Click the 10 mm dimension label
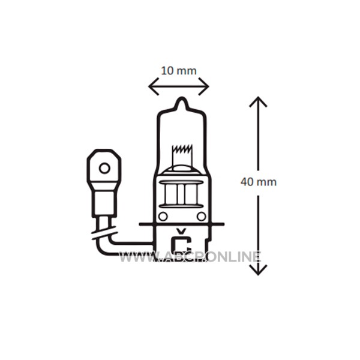[x=179, y=71]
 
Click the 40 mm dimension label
[x=259, y=182]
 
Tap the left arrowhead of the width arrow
[x=154, y=86]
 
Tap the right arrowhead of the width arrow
[x=204, y=86]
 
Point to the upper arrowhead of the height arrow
[x=258, y=101]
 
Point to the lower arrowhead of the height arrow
[x=258, y=270]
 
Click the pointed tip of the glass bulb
[x=182, y=98]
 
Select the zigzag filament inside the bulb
[x=182, y=149]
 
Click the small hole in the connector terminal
[x=104, y=169]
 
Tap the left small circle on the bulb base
[x=163, y=216]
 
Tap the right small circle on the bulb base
[x=202, y=216]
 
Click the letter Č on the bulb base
[x=182, y=241]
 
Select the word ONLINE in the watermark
[x=232, y=257]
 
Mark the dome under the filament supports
[x=181, y=169]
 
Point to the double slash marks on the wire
[x=104, y=232]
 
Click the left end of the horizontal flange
[x=140, y=224]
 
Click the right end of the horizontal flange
[x=223, y=224]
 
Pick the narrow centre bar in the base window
[x=181, y=194]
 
